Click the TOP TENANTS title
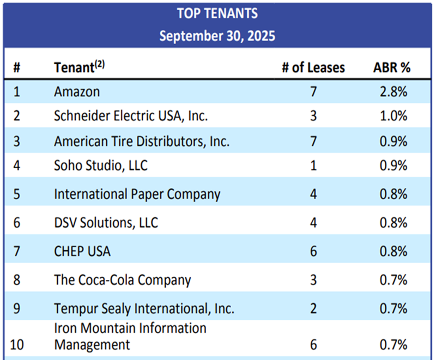coord(217,13)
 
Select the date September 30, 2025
coord(217,37)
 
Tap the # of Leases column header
coord(313,68)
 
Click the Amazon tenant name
coord(77,91)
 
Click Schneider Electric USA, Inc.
coord(131,116)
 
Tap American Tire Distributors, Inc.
coord(142,142)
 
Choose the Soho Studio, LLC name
coord(101,165)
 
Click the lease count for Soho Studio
coord(313,165)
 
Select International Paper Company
coord(137,194)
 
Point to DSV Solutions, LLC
coord(106,222)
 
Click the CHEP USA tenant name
coord(82,251)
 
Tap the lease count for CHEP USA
coord(313,251)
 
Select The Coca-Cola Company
coord(123,280)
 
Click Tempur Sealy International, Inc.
coord(144,308)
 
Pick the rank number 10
coord(17,345)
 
